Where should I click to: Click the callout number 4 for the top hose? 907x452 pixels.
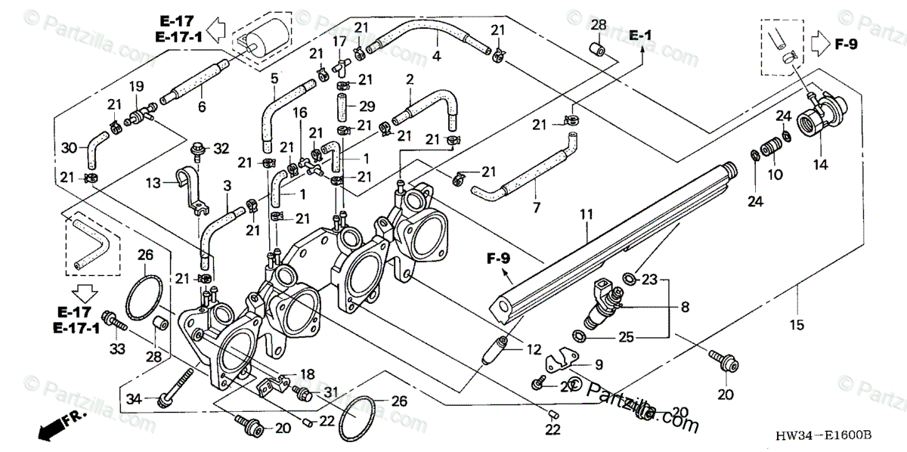tap(436, 56)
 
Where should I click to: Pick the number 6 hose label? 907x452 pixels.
tap(202, 107)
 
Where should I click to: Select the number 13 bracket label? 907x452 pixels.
tap(153, 182)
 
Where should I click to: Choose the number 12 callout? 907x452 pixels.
tap(533, 350)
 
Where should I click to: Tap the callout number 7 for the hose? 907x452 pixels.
tap(538, 206)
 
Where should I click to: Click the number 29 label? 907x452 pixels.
tap(367, 107)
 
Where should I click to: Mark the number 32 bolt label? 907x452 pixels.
tap(221, 148)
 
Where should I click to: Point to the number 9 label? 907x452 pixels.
tap(597, 364)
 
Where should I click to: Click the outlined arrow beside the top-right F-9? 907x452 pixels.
tap(821, 43)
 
